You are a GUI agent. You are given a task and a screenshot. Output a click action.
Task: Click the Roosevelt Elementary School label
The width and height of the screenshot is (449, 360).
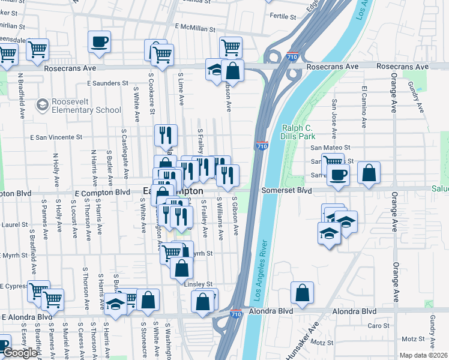point(86,106)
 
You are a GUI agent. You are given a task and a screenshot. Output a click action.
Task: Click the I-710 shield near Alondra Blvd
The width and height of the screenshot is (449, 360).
point(236,313)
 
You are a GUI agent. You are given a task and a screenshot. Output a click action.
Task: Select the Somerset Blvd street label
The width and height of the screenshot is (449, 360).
point(286,191)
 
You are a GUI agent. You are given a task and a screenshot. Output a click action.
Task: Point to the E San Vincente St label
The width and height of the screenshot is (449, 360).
point(56,137)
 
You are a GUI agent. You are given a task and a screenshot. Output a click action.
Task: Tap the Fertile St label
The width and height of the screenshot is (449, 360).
point(284,16)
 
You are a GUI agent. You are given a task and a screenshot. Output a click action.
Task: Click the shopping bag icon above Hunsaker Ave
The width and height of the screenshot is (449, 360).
point(303,293)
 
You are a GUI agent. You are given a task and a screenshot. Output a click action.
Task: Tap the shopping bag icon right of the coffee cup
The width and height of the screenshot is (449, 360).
point(369,173)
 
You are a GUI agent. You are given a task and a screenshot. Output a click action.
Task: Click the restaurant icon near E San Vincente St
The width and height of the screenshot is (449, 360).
point(166,136)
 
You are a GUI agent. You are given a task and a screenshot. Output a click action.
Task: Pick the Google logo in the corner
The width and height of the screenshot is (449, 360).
point(19,353)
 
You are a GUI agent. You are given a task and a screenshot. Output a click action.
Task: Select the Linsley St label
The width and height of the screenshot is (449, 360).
point(198,284)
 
